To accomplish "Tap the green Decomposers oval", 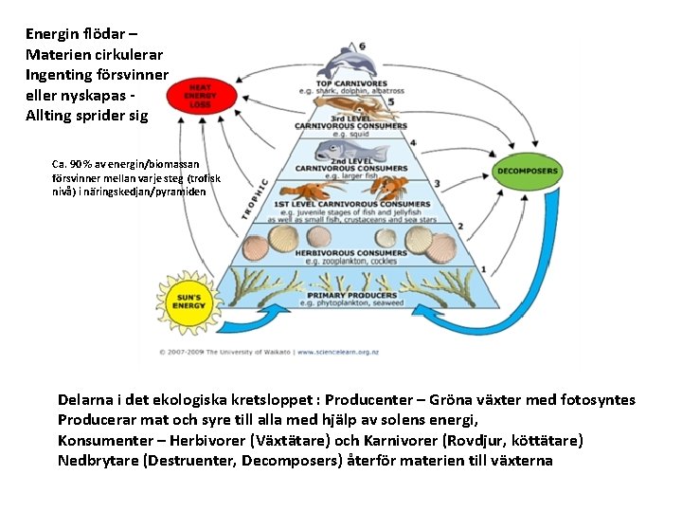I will coord(527,171).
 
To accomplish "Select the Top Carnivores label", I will coord(352,83).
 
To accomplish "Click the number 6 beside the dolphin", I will coord(362,46).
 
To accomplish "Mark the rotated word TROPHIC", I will coord(255,199).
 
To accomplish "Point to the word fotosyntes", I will coord(598,400).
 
